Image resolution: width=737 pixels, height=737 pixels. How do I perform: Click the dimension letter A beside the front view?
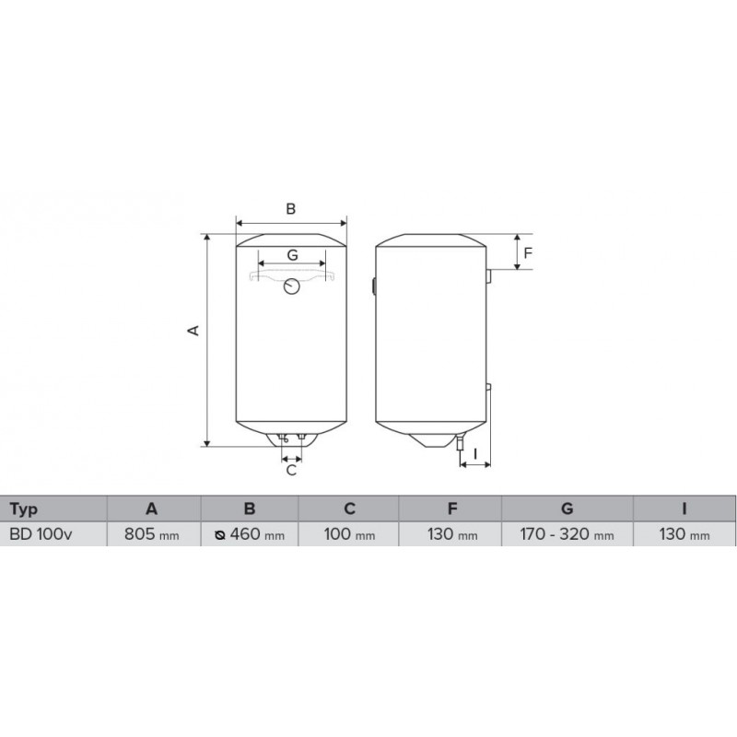click(193, 331)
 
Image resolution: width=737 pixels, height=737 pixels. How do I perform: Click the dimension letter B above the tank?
click(291, 209)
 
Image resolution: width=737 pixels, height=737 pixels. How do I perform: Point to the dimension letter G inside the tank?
click(292, 255)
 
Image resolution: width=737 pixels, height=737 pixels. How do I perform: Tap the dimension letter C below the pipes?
click(291, 470)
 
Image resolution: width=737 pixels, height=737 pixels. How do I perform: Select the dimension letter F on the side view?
click(528, 252)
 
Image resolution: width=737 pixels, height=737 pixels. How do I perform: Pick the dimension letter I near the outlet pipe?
click(475, 453)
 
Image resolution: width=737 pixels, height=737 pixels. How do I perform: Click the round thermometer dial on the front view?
click(292, 287)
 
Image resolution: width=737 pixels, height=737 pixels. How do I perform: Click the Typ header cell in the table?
click(24, 509)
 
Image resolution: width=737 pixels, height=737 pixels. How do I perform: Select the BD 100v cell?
click(41, 534)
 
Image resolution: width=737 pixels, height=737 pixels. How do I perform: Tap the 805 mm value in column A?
click(151, 534)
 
